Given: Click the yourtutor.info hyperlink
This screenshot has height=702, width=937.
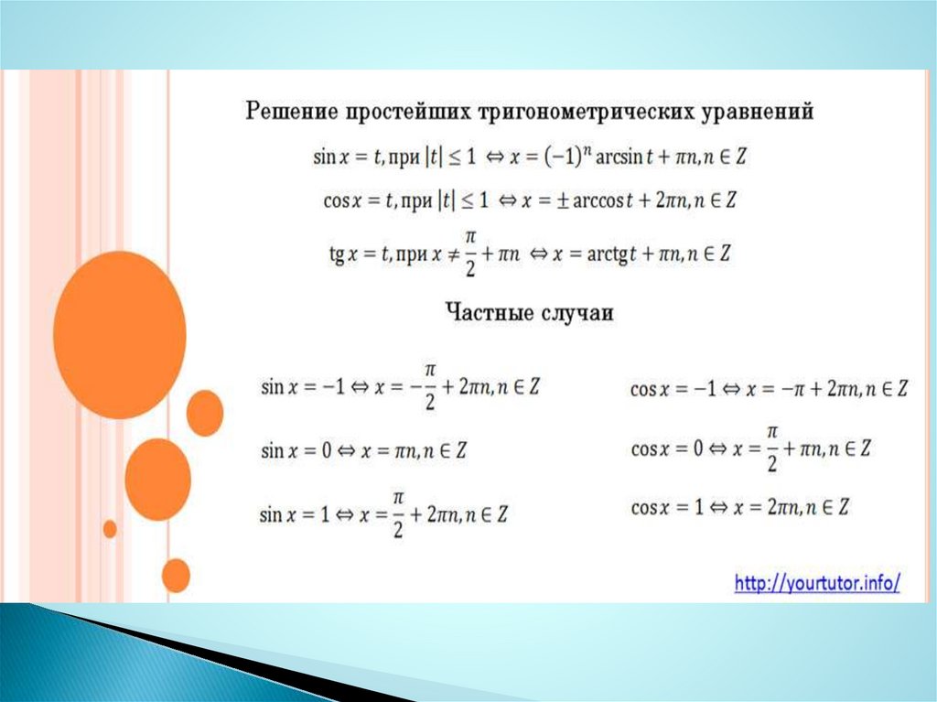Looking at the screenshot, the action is pyautogui.click(x=817, y=582).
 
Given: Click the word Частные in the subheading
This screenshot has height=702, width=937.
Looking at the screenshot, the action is pyautogui.click(x=490, y=312).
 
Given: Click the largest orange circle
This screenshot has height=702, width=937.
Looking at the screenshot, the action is pyautogui.click(x=120, y=334).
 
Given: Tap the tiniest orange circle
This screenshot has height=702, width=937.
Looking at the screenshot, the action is pyautogui.click(x=110, y=529).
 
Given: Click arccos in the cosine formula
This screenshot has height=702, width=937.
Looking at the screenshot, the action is pyautogui.click(x=598, y=200).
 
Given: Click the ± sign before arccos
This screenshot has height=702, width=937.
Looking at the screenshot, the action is pyautogui.click(x=562, y=200).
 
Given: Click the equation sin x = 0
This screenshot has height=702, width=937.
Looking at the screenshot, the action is pyautogui.click(x=296, y=449).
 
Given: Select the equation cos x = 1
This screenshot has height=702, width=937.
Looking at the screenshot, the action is pyautogui.click(x=667, y=508).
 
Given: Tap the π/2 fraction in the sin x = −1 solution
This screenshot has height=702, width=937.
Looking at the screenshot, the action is pyautogui.click(x=430, y=386).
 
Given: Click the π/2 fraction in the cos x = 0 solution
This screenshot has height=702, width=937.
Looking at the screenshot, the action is pyautogui.click(x=772, y=448).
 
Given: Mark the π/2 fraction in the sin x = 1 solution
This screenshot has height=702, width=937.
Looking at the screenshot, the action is pyautogui.click(x=398, y=513).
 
